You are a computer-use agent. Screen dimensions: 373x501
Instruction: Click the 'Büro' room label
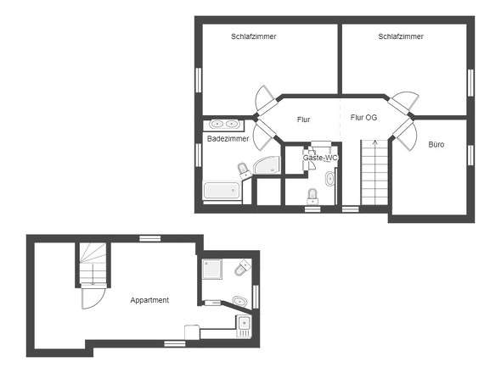[436, 145]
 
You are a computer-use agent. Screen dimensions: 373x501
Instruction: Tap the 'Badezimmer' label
[227, 138]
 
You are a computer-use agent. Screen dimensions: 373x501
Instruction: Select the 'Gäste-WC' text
[321, 159]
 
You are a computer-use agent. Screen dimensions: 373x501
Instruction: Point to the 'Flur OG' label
[363, 118]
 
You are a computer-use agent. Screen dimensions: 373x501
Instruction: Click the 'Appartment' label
[149, 300]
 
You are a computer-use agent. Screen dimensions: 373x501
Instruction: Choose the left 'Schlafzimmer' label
[254, 36]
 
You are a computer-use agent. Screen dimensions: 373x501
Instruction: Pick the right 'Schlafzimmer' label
[401, 36]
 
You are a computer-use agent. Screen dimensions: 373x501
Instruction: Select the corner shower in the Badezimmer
[265, 165]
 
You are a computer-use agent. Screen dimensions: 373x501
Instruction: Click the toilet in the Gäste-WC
[312, 196]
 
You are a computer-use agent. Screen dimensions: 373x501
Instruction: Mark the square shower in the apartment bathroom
[212, 269]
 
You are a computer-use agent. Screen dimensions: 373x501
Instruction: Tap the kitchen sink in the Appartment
[245, 323]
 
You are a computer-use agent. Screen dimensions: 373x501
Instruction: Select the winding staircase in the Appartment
[91, 264]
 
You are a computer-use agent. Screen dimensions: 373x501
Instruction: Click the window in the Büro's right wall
[470, 155]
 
